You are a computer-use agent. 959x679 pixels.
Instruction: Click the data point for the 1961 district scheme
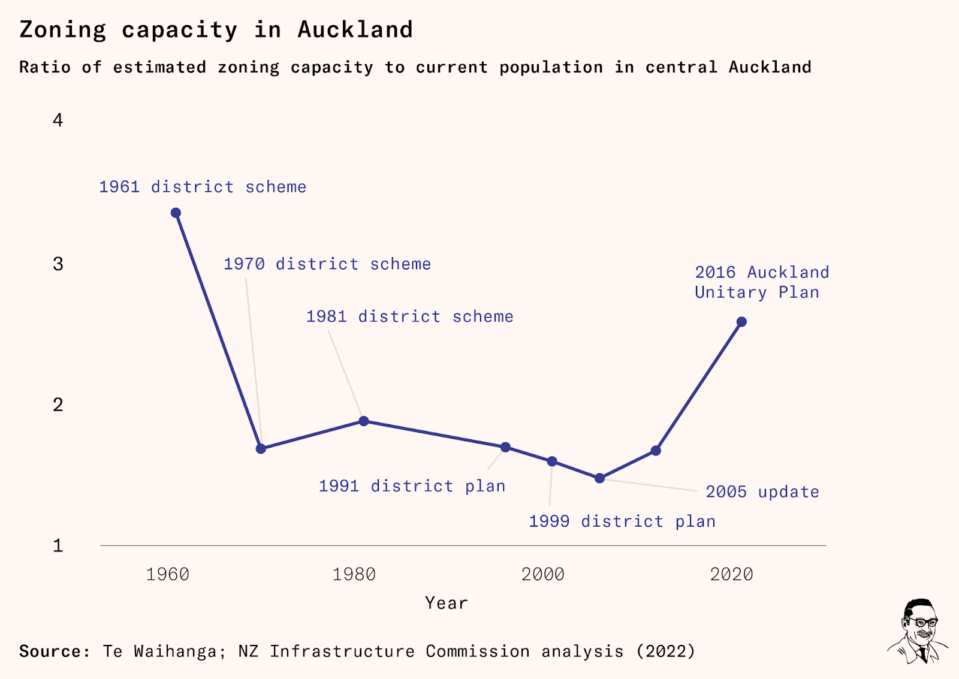coord(176,213)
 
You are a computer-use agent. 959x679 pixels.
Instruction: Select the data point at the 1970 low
coord(261,448)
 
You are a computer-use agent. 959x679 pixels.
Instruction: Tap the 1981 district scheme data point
coord(364,421)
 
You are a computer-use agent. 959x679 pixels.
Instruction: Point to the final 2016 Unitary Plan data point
coord(741,322)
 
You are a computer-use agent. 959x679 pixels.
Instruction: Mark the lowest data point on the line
coord(599,478)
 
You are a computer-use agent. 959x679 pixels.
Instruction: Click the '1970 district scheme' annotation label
coord(327,264)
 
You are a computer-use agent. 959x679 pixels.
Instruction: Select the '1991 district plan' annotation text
coord(412,486)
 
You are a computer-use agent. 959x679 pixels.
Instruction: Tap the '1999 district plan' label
coord(622,521)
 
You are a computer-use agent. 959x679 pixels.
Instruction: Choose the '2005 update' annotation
coord(762,492)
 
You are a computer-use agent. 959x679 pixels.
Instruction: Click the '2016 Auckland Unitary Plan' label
coord(761,282)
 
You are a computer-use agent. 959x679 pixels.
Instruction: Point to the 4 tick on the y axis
coord(58,120)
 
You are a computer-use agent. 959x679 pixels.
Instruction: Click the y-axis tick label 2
coord(58,405)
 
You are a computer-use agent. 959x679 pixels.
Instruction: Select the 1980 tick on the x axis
coord(354,574)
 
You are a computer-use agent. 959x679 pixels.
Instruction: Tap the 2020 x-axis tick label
coord(731,574)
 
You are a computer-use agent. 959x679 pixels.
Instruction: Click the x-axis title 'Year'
coord(446,603)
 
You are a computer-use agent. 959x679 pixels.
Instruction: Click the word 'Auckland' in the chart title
coord(355,30)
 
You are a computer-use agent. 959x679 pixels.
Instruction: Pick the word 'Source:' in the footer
coord(55,651)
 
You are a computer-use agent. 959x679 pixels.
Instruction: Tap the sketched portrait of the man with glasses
coord(918,630)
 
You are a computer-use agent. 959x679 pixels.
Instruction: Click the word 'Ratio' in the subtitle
coord(45,67)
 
